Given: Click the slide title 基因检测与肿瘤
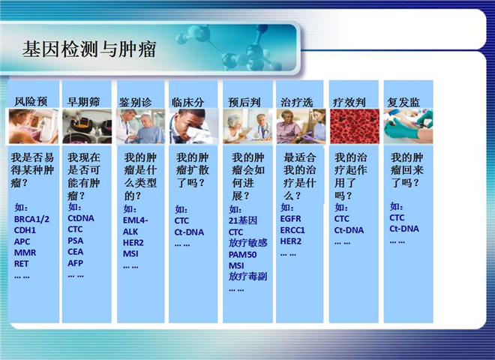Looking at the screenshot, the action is click(x=89, y=49).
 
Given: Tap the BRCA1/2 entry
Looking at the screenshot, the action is click(x=31, y=219).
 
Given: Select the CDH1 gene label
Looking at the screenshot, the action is click(x=25, y=230).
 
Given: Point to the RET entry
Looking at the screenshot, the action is click(x=21, y=264).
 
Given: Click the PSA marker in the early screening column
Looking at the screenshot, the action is click(x=76, y=241).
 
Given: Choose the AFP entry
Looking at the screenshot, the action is click(x=75, y=263).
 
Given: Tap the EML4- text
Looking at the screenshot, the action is click(x=135, y=220).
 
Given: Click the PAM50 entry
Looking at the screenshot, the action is click(x=242, y=254).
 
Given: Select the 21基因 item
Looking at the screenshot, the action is click(x=243, y=220).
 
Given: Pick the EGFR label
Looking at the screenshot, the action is click(x=290, y=218).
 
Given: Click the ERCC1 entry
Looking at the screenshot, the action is click(x=292, y=230).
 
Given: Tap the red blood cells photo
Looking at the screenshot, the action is click(x=355, y=126).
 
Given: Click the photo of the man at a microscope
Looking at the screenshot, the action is click(x=193, y=126).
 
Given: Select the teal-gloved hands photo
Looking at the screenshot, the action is click(x=408, y=126).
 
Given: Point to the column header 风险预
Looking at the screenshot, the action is click(x=31, y=102).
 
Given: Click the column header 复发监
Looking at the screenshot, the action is click(x=403, y=102).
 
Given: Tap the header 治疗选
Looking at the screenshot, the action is click(x=297, y=102).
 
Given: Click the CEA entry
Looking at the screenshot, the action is click(x=76, y=252).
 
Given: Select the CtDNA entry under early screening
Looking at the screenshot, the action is click(x=81, y=218).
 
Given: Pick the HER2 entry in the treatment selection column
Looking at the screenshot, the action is click(x=291, y=241).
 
